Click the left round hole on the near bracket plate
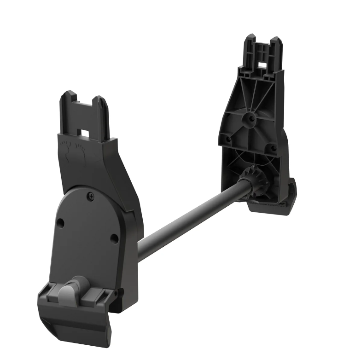coord(60,223)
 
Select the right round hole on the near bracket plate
coord(114,238)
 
